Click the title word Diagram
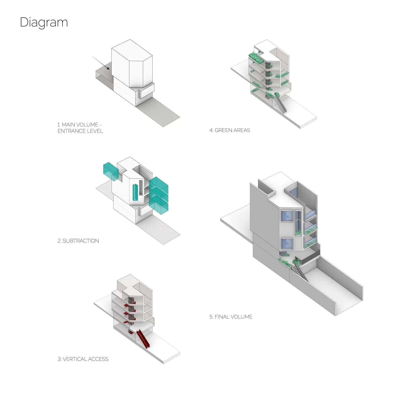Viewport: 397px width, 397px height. [x=44, y=22]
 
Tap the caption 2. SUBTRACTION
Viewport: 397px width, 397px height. [x=78, y=241]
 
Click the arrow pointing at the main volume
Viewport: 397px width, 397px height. [x=101, y=63]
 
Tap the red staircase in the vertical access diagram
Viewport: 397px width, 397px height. [x=143, y=339]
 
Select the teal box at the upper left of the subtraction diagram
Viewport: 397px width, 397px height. [x=111, y=171]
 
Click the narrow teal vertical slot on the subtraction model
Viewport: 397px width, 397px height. [x=135, y=192]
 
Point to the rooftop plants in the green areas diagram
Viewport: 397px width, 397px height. [x=256, y=57]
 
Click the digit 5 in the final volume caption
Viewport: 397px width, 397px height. [x=211, y=317]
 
